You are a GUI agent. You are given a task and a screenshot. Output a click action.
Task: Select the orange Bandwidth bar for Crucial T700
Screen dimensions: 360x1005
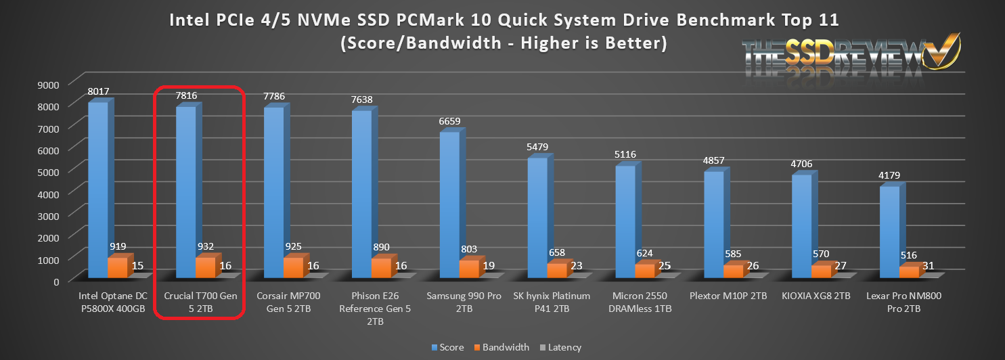point(205,267)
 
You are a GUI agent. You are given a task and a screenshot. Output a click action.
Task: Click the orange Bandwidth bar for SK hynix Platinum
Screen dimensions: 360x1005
point(557,271)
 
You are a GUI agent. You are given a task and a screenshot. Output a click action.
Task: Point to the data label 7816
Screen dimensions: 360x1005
point(186,96)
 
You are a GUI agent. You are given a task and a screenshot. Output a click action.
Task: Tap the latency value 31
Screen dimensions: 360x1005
point(928,266)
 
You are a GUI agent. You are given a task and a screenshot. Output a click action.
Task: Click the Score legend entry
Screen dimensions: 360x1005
point(447,347)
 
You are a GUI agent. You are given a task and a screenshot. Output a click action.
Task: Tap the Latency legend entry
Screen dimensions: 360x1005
point(560,347)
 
